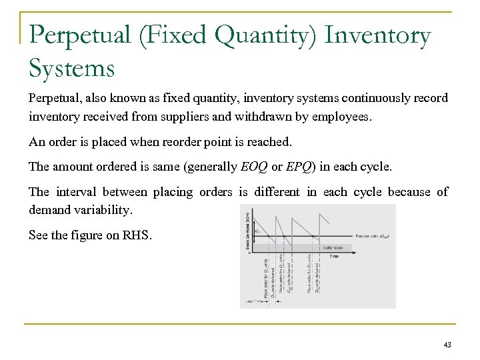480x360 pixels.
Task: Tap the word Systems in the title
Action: [72, 67]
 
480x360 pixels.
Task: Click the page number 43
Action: [447, 345]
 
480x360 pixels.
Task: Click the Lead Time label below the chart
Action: [255, 302]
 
